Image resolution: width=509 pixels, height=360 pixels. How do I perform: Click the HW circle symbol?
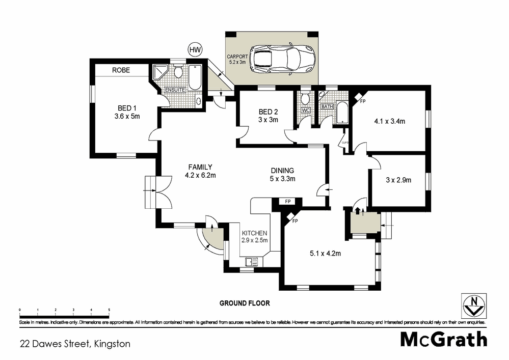[x=195, y=49]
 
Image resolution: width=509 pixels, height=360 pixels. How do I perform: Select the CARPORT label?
[x=237, y=57]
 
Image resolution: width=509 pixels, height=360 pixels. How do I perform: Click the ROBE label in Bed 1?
[x=121, y=70]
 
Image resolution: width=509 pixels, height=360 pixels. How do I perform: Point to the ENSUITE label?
[x=175, y=90]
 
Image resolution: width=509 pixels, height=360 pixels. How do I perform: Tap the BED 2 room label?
[x=268, y=112]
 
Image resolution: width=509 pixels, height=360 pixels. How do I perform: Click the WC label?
[x=306, y=110]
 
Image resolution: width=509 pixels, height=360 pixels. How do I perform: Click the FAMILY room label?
[x=200, y=167]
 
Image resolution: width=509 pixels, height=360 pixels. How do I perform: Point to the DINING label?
[x=282, y=171]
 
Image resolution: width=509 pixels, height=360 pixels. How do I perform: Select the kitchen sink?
[x=252, y=261]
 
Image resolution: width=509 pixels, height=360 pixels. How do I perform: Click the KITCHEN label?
[x=255, y=233]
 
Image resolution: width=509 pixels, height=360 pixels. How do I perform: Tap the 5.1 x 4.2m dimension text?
[x=325, y=253]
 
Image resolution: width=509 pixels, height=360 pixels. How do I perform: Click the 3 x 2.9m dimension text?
[x=398, y=180]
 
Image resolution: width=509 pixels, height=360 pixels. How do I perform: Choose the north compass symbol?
[x=474, y=306]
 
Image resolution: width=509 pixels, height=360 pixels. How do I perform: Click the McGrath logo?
[x=444, y=339]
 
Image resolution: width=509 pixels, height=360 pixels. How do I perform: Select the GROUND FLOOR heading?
[x=245, y=303]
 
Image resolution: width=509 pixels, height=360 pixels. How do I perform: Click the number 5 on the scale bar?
[x=109, y=310]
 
